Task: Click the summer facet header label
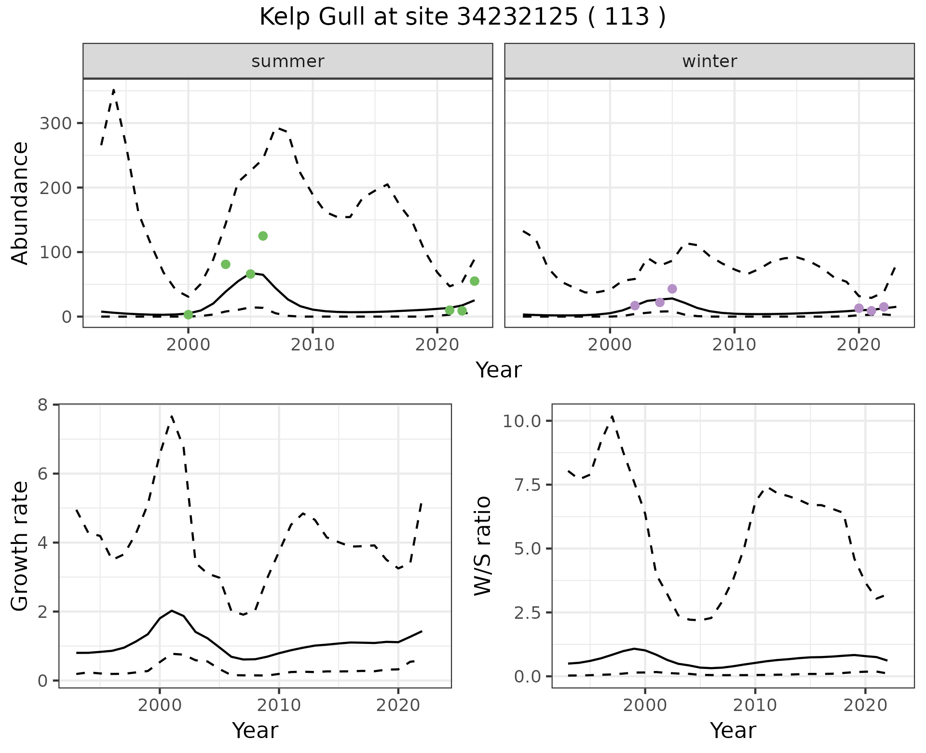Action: [x=288, y=61]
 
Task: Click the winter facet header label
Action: [x=709, y=61]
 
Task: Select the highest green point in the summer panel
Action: [x=263, y=236]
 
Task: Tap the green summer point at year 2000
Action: [x=188, y=315]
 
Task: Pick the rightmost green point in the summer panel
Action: [x=474, y=281]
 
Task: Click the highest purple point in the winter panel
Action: [x=672, y=289]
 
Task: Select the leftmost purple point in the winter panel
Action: [x=635, y=306]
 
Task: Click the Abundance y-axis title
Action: [x=20, y=203]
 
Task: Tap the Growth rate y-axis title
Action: [x=20, y=546]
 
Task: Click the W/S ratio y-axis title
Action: [x=483, y=546]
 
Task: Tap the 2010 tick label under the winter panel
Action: [x=734, y=345]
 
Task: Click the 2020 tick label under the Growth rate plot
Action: [x=398, y=705]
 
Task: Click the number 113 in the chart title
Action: [x=626, y=17]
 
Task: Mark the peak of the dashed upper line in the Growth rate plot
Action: [x=172, y=416]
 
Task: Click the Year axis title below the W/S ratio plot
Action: [x=733, y=731]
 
